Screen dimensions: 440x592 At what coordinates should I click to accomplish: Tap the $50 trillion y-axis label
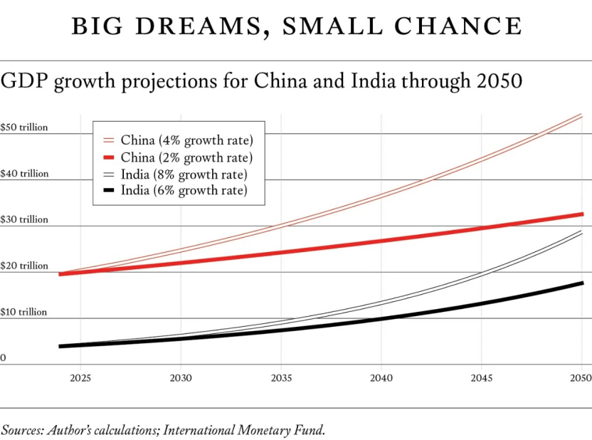pos(24,127)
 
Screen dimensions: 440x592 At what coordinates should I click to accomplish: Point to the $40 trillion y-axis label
pos(24,174)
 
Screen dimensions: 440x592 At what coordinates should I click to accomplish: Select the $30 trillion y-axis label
pos(24,220)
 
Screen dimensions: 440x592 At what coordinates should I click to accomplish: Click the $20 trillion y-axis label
pos(24,266)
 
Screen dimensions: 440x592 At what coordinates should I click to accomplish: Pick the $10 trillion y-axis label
pos(24,313)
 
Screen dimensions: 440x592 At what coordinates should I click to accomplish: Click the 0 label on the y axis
pos(4,358)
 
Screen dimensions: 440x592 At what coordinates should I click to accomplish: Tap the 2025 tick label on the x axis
pos(80,377)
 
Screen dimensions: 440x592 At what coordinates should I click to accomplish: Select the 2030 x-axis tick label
pos(181,377)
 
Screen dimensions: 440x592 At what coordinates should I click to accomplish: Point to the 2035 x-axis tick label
pos(281,377)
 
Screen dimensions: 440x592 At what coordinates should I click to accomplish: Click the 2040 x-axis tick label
pos(381,377)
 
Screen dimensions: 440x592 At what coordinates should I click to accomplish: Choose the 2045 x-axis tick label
pos(482,377)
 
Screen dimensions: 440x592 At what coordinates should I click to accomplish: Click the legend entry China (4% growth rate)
pos(186,140)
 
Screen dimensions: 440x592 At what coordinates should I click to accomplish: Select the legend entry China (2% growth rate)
pos(186,157)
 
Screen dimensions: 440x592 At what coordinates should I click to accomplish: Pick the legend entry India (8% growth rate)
pos(184,174)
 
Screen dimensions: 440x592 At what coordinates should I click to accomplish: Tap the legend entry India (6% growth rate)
pos(184,191)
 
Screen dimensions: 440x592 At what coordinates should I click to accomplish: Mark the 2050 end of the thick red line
pos(582,214)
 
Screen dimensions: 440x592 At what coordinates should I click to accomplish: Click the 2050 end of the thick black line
pos(582,283)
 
